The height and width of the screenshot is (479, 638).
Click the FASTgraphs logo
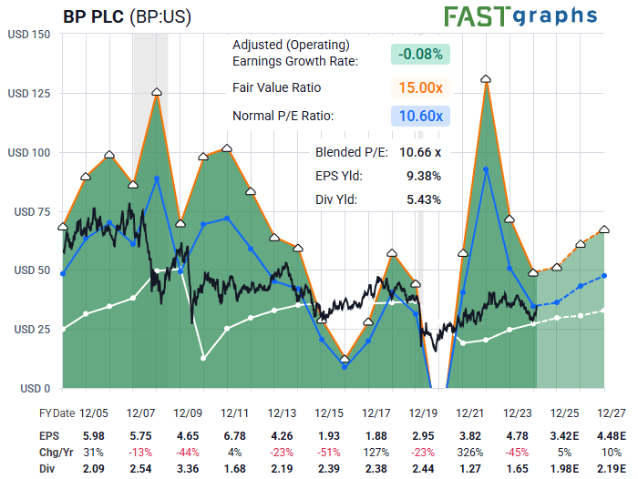click(520, 15)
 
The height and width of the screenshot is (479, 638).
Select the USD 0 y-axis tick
click(33, 388)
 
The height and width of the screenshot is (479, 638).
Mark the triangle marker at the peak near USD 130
click(486, 79)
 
